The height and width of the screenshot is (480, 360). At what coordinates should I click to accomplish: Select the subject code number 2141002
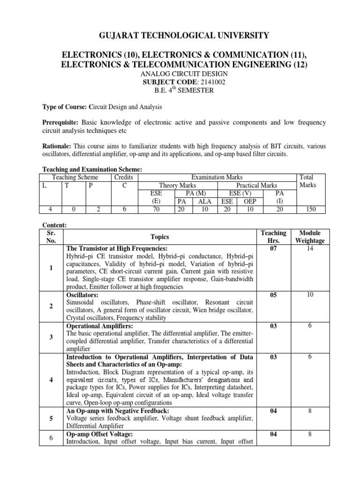(x=201, y=82)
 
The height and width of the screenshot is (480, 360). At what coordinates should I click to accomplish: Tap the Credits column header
(x=124, y=177)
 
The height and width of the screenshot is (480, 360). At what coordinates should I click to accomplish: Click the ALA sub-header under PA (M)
(x=204, y=202)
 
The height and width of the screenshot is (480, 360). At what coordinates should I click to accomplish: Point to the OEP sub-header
(x=250, y=202)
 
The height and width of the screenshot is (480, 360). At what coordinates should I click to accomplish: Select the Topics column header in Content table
(x=160, y=237)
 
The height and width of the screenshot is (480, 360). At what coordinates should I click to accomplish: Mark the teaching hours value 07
(x=273, y=248)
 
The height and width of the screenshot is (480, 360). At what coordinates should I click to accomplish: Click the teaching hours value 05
(x=273, y=295)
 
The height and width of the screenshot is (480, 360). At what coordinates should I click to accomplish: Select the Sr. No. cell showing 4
(x=50, y=380)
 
